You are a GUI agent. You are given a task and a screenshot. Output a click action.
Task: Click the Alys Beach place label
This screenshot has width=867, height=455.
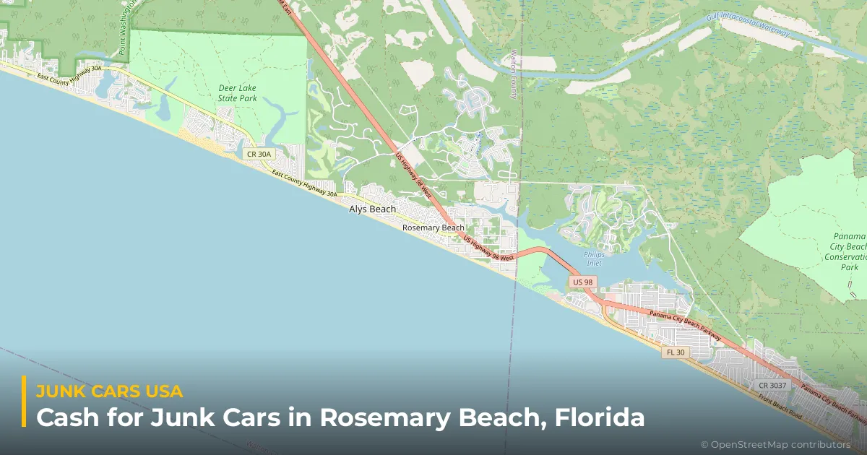click(x=372, y=209)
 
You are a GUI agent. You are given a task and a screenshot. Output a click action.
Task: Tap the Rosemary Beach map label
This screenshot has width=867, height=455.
click(x=433, y=227)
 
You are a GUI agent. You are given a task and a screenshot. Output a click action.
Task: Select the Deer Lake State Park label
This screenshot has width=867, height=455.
click(x=238, y=92)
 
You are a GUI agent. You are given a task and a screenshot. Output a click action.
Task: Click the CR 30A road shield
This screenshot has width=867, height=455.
click(x=258, y=154)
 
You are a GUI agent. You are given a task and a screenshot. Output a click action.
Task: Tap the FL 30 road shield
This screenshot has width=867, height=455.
click(x=674, y=352)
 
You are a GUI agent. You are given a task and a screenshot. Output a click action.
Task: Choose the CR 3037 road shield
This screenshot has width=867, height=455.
click(x=772, y=385)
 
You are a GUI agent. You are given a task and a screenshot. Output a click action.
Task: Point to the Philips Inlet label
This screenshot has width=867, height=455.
click(x=594, y=258)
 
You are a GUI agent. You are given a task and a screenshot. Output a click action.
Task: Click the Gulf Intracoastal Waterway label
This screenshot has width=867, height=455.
click(x=749, y=24)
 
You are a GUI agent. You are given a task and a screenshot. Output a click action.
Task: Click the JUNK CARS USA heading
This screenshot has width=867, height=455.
click(x=109, y=391)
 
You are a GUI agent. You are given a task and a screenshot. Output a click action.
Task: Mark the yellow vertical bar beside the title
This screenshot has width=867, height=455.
click(x=24, y=402)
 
